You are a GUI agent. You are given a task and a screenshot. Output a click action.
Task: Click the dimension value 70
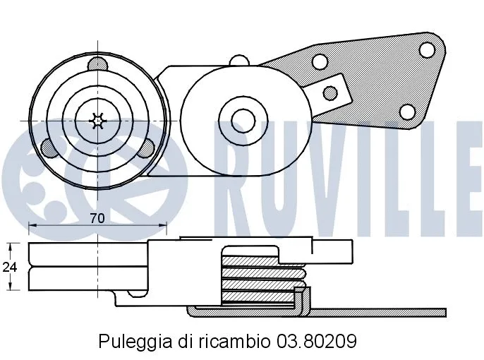pyautogui.click(x=97, y=218)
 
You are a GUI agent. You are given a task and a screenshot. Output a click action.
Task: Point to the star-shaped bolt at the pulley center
pyautogui.click(x=97, y=121)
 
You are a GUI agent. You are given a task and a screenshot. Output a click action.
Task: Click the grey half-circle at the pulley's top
pyautogui.click(x=97, y=65)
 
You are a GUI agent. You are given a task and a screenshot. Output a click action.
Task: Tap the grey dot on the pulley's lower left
pyautogui.click(x=49, y=148)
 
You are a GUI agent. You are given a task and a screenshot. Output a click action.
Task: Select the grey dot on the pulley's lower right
pyautogui.click(x=145, y=149)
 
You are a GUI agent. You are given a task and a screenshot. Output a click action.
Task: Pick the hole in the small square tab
pyautogui.click(x=329, y=92)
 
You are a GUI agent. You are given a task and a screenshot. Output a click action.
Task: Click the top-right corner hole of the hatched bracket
pyautogui.click(x=426, y=49)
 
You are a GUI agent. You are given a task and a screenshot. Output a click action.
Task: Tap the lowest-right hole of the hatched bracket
pyautogui.click(x=407, y=112)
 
